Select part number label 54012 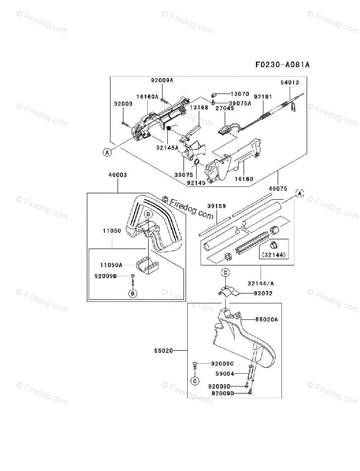tap(290, 83)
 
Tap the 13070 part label tap(240, 94)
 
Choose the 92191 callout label tap(263, 97)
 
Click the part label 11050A tap(110, 265)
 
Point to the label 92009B tap(106, 276)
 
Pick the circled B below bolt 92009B tap(133, 293)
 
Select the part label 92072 tap(263, 293)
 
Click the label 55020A tap(267, 319)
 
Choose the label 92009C tap(222, 363)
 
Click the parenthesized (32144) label tap(274, 255)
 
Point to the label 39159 tap(216, 206)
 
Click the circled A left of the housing tap(107, 152)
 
